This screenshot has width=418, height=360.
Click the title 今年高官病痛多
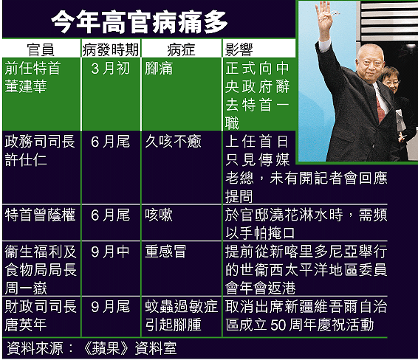[x=139, y=22]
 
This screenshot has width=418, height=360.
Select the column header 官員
[x=41, y=49]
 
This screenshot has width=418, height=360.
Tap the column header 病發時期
[x=111, y=49]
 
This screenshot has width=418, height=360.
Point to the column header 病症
[x=181, y=49]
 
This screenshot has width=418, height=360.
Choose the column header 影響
[x=239, y=49]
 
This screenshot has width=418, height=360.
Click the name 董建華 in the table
[x=26, y=86]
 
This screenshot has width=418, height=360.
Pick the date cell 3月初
[x=110, y=69]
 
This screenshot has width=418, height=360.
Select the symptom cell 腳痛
[x=159, y=69]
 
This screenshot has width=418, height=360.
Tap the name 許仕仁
[x=26, y=160]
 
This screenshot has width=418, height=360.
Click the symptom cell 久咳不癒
[x=173, y=142]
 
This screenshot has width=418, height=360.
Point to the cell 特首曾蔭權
[x=40, y=215]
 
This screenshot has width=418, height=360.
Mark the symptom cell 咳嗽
[x=159, y=215]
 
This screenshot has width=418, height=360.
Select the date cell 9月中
[x=110, y=252]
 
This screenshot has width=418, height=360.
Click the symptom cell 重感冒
[x=165, y=252]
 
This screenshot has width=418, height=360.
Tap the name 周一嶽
[x=26, y=288]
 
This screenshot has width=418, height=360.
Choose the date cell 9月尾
[x=110, y=306]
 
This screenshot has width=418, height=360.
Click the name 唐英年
[x=26, y=325]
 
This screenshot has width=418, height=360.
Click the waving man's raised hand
[x=324, y=18]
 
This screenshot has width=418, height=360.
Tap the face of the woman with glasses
[x=391, y=81]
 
